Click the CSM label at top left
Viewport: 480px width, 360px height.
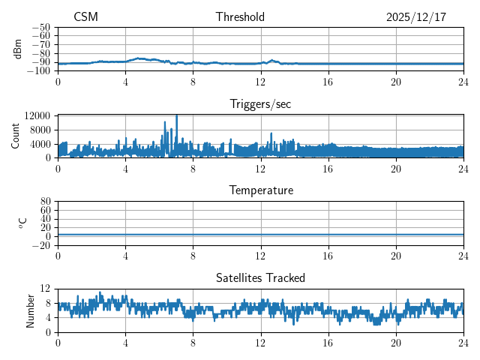(x=85, y=17)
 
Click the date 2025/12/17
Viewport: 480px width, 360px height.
(x=415, y=17)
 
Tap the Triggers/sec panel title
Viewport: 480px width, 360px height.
(x=260, y=104)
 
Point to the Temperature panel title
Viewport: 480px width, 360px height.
(x=260, y=190)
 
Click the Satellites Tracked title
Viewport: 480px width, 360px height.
(x=260, y=277)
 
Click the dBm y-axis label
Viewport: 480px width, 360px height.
(x=18, y=49)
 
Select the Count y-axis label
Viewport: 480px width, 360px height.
(x=15, y=136)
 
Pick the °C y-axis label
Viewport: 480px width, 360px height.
(x=22, y=222)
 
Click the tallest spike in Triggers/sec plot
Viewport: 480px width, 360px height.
(x=176, y=116)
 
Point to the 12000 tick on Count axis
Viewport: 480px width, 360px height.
(x=37, y=115)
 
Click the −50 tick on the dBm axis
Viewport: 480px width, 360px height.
(x=41, y=27)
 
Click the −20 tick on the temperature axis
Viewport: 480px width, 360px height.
(x=41, y=245)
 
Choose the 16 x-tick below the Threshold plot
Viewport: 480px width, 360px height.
(x=328, y=82)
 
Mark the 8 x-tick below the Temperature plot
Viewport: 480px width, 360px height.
(x=193, y=256)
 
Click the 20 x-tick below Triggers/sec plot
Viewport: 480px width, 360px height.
(x=395, y=169)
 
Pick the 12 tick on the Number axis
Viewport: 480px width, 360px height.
(x=45, y=288)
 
